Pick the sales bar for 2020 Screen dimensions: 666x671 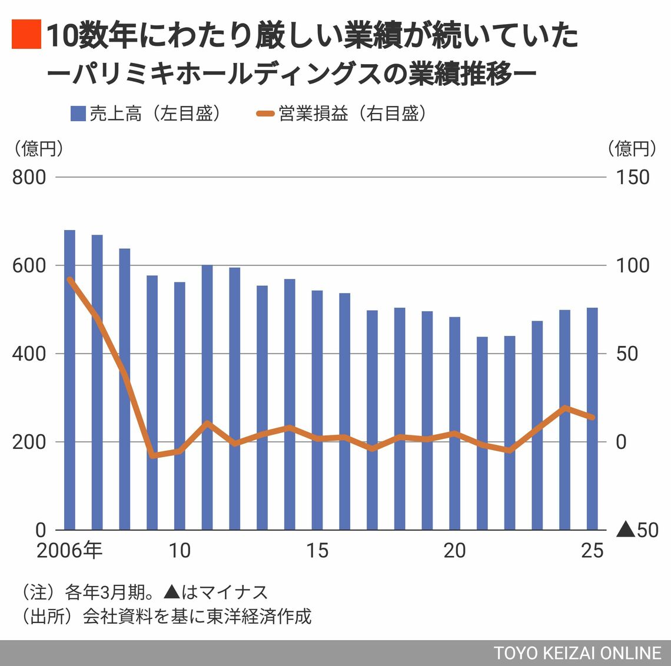[454, 423]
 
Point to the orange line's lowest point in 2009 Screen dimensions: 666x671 [152, 455]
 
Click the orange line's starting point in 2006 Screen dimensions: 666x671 [69, 279]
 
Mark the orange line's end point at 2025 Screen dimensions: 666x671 [592, 418]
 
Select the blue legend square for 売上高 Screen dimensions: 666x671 [78, 114]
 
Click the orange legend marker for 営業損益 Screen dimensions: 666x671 [266, 114]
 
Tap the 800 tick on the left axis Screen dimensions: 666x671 [29, 177]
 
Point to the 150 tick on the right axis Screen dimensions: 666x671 [633, 177]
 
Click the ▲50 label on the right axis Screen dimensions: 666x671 [637, 530]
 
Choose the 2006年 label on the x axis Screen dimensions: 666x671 [69, 551]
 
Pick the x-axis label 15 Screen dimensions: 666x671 [317, 551]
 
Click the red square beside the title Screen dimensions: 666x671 [26, 35]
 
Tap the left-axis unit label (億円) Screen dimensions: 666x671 [38, 149]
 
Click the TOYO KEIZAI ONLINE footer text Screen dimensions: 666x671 [577, 653]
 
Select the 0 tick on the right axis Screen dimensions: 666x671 [622, 442]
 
